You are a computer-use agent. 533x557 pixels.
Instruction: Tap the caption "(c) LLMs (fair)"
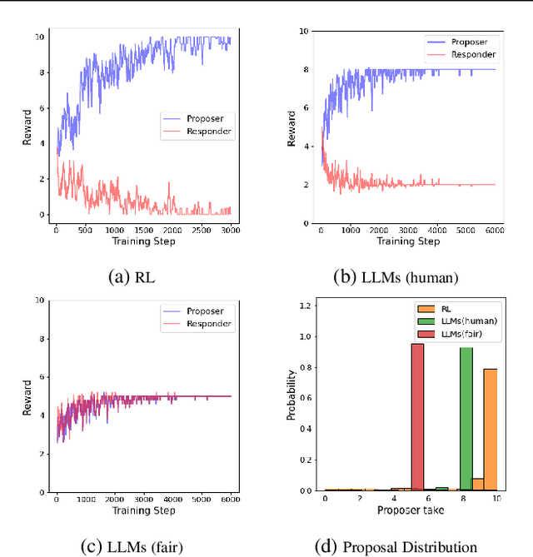pyautogui.click(x=134, y=546)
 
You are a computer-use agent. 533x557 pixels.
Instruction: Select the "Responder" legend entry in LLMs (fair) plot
pyautogui.click(x=209, y=323)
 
